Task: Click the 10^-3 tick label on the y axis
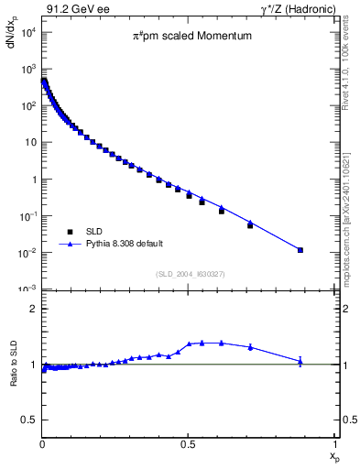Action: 27,289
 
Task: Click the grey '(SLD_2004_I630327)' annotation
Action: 189,274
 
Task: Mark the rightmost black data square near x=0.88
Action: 300,250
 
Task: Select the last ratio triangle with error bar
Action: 300,361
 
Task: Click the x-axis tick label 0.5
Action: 188,444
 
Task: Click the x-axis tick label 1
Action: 334,444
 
